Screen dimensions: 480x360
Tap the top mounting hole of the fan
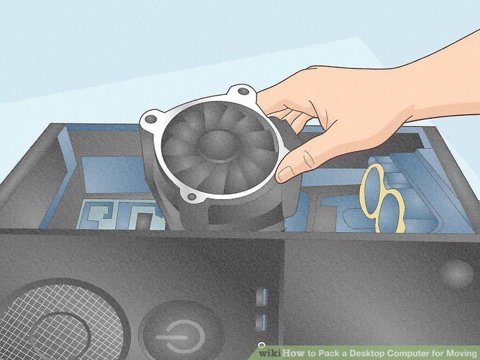243,91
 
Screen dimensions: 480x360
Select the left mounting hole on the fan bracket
150,119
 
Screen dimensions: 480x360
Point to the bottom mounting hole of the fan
191,196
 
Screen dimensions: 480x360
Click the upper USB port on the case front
262,296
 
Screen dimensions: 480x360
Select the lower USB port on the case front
262,322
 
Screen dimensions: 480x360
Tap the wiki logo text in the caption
270,353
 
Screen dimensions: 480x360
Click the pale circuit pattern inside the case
121,214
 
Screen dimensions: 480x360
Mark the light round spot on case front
458,274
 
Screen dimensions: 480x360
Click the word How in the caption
293,353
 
